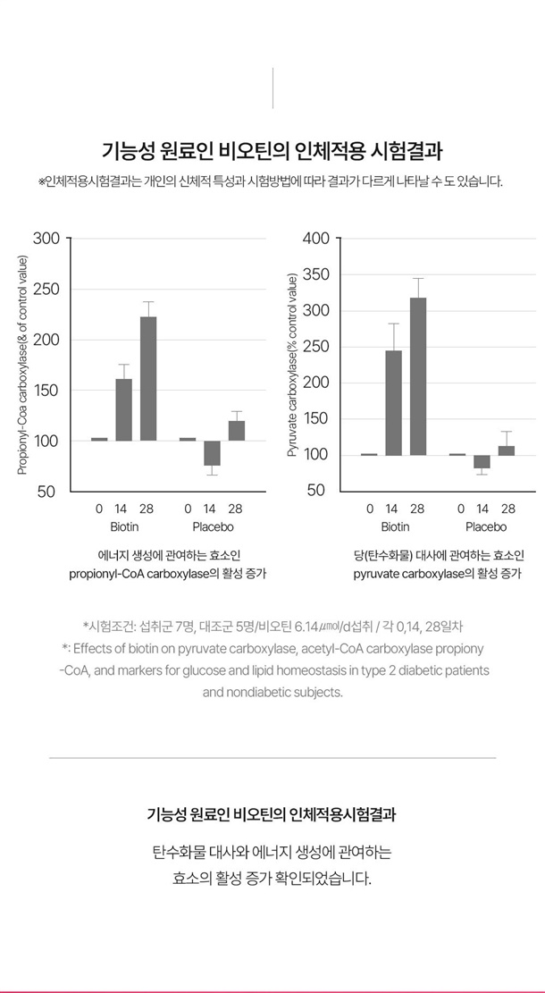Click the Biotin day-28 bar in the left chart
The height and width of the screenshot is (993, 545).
[x=147, y=378]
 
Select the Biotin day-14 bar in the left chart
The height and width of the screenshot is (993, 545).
[x=123, y=409]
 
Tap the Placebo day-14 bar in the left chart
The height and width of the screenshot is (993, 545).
[x=212, y=453]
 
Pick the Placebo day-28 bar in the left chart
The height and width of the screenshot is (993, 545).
[x=236, y=431]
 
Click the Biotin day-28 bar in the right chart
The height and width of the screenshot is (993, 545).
[x=418, y=376]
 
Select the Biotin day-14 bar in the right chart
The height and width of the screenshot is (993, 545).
[x=393, y=403]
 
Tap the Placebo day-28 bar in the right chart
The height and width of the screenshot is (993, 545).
[x=507, y=450]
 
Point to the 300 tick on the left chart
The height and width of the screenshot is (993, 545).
[x=46, y=239]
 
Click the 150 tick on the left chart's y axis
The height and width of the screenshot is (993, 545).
[x=46, y=391]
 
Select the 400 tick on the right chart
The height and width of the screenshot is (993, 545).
[x=316, y=239]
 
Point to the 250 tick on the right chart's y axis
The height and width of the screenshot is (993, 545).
[x=316, y=347]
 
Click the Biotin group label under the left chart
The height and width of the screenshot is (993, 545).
[x=124, y=527]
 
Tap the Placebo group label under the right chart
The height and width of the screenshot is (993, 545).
[x=485, y=527]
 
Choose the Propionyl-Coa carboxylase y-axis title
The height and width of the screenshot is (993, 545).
[x=23, y=365]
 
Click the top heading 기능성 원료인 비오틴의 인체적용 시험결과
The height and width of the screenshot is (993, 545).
[x=272, y=151]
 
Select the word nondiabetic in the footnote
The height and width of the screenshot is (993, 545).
[x=261, y=692]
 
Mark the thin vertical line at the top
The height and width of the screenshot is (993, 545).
[x=272, y=88]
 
